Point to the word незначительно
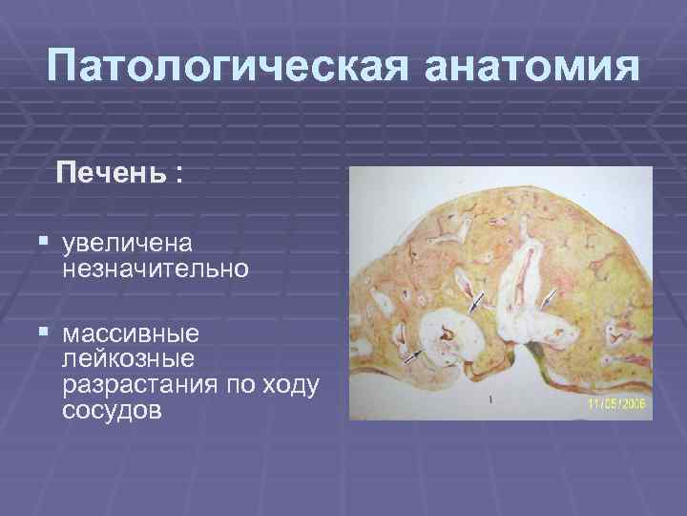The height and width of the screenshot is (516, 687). [156, 269]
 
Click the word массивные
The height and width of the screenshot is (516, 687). [131, 335]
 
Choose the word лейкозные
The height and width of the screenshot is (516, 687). [128, 360]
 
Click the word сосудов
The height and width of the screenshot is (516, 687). [112, 411]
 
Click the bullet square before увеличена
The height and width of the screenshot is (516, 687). [45, 246]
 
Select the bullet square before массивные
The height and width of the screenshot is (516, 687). [45, 336]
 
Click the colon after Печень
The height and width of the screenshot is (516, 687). [178, 175]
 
